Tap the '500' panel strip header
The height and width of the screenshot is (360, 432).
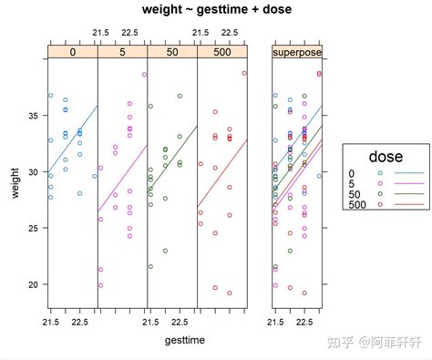(x=222, y=53)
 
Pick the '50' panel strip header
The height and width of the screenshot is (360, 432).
(x=172, y=53)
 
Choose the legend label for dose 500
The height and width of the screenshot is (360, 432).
(x=359, y=205)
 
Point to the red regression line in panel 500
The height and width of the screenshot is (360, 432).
(x=222, y=173)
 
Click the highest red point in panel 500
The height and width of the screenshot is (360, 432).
(x=244, y=73)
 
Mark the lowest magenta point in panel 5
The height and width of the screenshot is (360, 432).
(x=101, y=285)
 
